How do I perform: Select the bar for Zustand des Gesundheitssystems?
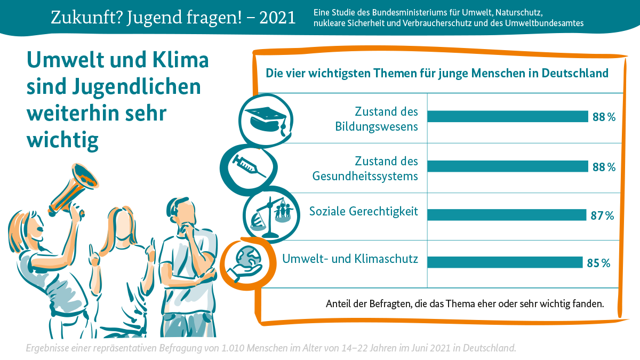pyautogui.click(x=507, y=167)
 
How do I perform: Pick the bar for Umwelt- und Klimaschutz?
pyautogui.click(x=504, y=262)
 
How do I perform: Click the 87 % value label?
pyautogui.click(x=602, y=215)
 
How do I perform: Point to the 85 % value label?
pyautogui.click(x=598, y=263)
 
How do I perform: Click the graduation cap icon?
pyautogui.click(x=265, y=119)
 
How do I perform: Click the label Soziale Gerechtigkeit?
pyautogui.click(x=364, y=212)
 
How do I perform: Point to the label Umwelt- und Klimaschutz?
pyautogui.click(x=349, y=259)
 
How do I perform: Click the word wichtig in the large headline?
pyautogui.click(x=62, y=139)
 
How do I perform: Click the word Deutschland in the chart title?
pyautogui.click(x=575, y=73)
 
